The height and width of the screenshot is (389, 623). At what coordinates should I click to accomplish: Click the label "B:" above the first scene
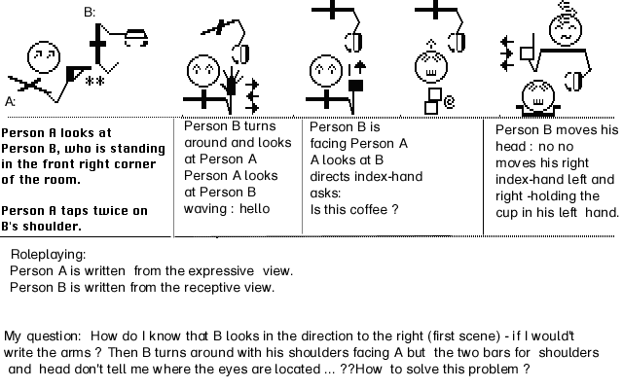[90, 13]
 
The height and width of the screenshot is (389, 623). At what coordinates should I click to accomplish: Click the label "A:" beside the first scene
[11, 102]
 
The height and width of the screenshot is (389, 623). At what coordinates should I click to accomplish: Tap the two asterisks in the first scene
[95, 81]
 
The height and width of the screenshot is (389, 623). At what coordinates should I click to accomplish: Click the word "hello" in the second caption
[254, 209]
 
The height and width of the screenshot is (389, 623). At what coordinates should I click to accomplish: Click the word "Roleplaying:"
[48, 255]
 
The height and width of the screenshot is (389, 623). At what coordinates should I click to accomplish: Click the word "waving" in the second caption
[203, 209]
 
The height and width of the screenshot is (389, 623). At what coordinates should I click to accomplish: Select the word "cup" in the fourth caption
[506, 213]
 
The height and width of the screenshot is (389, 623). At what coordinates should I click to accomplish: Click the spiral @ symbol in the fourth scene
[449, 102]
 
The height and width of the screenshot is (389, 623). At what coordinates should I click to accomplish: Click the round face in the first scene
[44, 56]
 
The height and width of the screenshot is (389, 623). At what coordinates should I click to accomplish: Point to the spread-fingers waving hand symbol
[231, 82]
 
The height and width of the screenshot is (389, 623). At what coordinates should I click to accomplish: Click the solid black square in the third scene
[355, 87]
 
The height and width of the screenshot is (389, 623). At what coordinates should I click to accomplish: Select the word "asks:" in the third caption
[325, 194]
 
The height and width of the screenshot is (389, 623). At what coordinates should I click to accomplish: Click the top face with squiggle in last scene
[566, 30]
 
